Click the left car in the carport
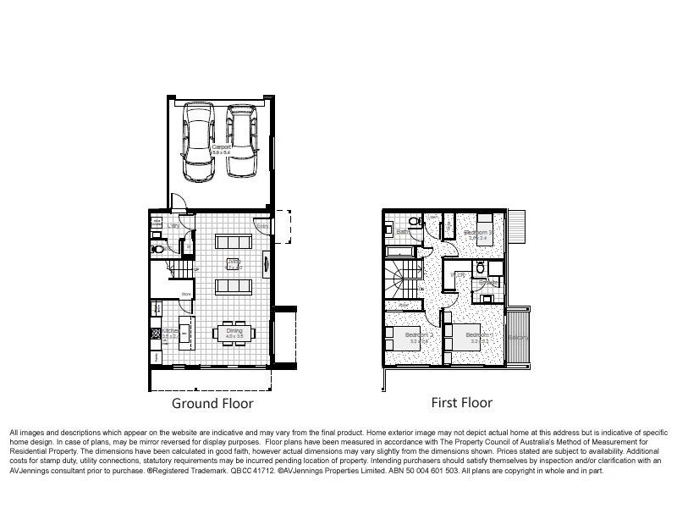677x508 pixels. click(200, 146)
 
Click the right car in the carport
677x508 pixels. click(240, 146)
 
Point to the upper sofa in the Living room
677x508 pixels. click(233, 241)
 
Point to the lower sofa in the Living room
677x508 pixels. click(233, 286)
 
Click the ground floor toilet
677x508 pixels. click(157, 250)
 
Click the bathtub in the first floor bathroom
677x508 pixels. click(401, 251)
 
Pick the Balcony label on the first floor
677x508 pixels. click(518, 337)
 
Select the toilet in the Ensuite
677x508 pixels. click(479, 269)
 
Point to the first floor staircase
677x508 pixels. click(403, 275)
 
